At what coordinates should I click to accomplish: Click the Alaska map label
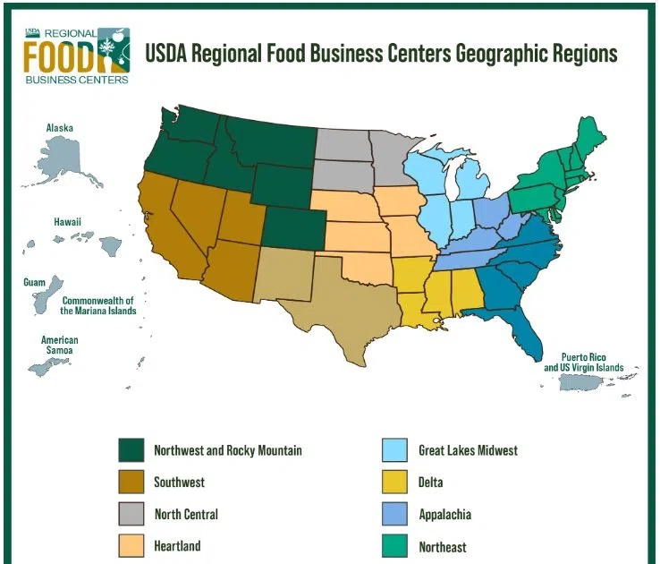pyautogui.click(x=60, y=128)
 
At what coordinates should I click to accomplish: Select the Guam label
pyautogui.click(x=34, y=282)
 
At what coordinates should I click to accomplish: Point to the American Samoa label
pyautogui.click(x=60, y=346)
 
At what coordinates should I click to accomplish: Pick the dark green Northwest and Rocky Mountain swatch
pyautogui.click(x=132, y=450)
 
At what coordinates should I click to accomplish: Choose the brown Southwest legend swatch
pyautogui.click(x=132, y=483)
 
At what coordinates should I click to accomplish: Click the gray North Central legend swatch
pyautogui.click(x=132, y=515)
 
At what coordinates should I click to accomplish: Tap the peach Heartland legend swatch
pyautogui.click(x=132, y=546)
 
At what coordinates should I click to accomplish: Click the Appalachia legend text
pyautogui.click(x=444, y=515)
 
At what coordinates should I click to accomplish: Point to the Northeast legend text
pyautogui.click(x=442, y=546)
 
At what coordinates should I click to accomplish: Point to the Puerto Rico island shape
pyautogui.click(x=591, y=383)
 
